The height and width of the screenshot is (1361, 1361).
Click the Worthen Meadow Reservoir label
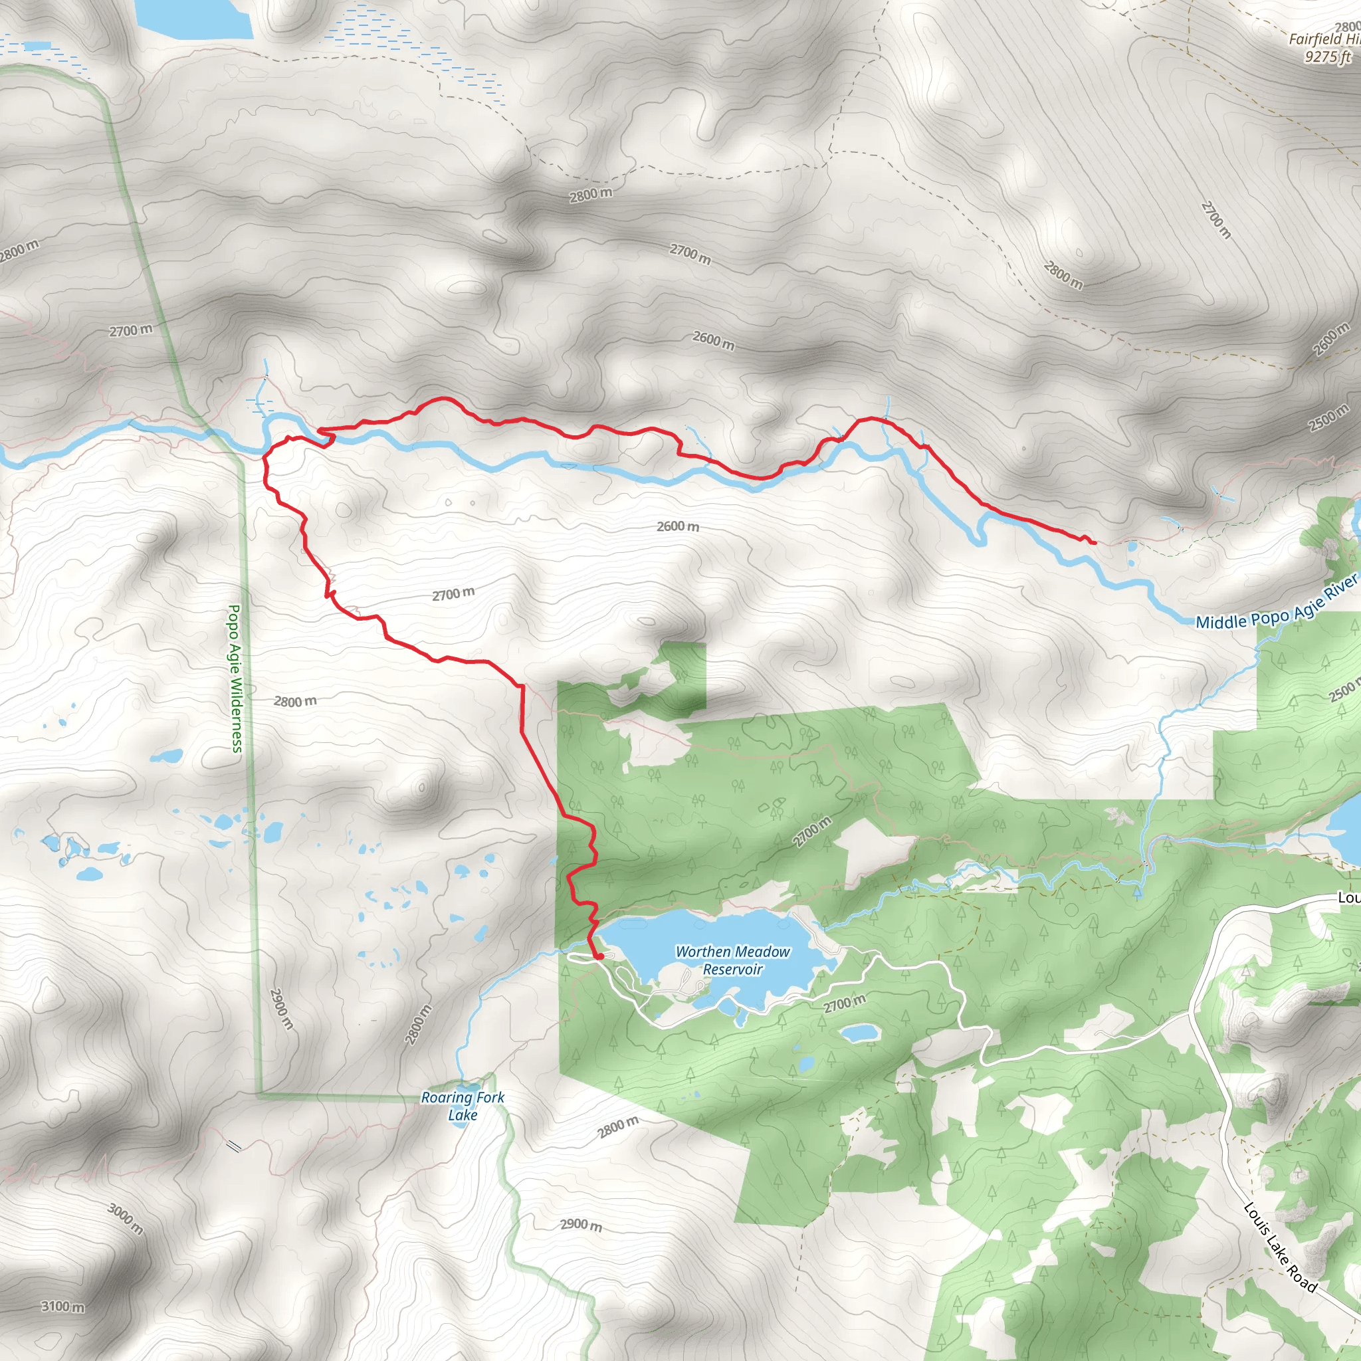732,960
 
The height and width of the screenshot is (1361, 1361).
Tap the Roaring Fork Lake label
463,1105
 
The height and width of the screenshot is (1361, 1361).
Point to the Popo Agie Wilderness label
235,678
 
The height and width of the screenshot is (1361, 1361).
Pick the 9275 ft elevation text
1328,57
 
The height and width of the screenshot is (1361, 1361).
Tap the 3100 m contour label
62,1307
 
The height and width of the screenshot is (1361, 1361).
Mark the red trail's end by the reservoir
599,957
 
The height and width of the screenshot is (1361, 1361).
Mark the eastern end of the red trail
1094,543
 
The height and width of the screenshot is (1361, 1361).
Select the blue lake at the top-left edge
194,18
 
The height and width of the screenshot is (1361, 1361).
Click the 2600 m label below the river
678,526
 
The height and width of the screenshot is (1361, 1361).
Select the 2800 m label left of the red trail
295,702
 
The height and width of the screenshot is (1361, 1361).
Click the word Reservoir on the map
732,970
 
